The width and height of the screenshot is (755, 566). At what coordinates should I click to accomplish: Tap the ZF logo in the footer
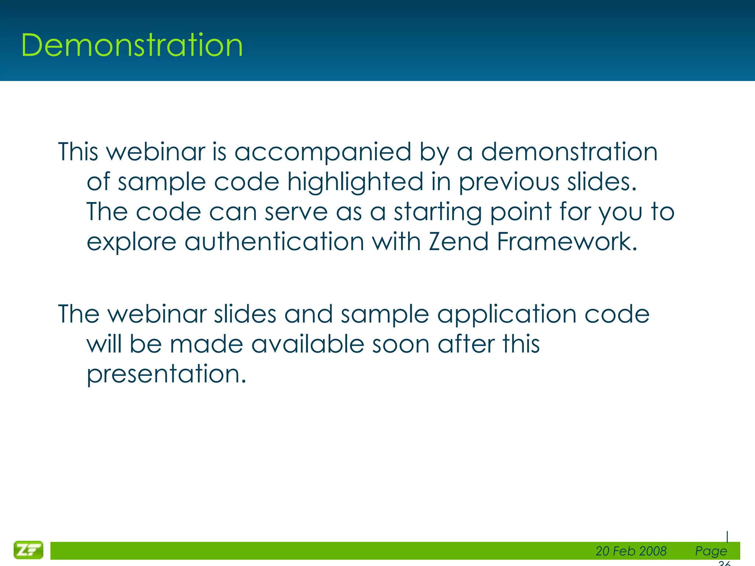28,550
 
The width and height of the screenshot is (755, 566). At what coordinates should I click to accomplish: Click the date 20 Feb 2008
631,551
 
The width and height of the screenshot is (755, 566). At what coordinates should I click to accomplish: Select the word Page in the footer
711,551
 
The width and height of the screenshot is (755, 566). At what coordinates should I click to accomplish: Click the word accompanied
323,152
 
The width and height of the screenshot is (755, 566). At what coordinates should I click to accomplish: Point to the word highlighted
355,182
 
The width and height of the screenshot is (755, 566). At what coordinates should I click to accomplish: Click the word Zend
458,242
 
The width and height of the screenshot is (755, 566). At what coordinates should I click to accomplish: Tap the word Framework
567,242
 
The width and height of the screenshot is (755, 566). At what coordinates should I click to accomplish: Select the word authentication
274,242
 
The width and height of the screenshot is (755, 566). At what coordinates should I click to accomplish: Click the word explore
132,242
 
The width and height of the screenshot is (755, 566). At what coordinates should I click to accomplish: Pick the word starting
438,212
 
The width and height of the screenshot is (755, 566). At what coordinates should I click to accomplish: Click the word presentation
166,374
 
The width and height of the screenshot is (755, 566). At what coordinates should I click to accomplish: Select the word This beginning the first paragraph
78,152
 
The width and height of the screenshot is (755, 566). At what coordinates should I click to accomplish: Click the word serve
296,212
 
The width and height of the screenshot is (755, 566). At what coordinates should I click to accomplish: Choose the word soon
401,344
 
